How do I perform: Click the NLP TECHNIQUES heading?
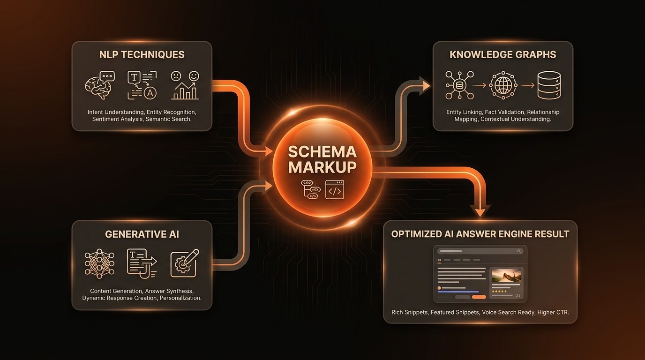(x=142, y=54)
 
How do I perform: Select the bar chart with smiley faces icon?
(x=185, y=85)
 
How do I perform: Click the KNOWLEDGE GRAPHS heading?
(x=502, y=54)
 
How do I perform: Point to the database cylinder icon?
(x=549, y=85)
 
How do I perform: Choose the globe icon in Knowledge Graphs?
(x=503, y=85)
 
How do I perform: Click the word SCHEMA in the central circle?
(x=322, y=152)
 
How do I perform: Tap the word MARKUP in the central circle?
(x=322, y=167)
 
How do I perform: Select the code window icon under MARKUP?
(x=334, y=190)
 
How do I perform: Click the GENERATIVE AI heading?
(x=142, y=234)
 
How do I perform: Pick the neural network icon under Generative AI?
(x=99, y=263)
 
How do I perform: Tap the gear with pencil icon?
(x=184, y=263)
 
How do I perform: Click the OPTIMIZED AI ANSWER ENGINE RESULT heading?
(x=480, y=234)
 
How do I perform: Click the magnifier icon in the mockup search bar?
(x=519, y=251)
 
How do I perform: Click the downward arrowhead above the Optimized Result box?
(x=480, y=211)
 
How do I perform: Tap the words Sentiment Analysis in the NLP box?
(x=117, y=119)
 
